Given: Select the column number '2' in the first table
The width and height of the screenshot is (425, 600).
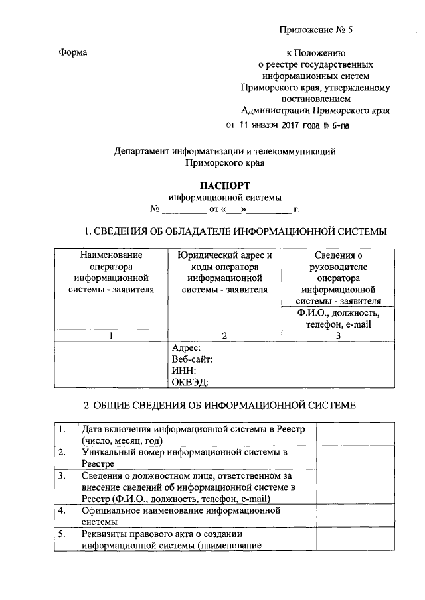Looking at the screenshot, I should [224, 335].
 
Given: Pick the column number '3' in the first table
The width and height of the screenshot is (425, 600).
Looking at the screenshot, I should [338, 335].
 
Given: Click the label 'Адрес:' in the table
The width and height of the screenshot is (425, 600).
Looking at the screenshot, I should [187, 348].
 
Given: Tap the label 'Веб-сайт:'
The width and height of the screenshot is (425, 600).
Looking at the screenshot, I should [192, 359].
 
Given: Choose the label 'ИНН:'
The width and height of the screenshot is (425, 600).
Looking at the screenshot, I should [183, 371].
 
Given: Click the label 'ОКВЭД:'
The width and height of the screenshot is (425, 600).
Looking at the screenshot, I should [190, 382].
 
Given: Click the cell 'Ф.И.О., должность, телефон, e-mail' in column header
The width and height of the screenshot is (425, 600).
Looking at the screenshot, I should [338, 319].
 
